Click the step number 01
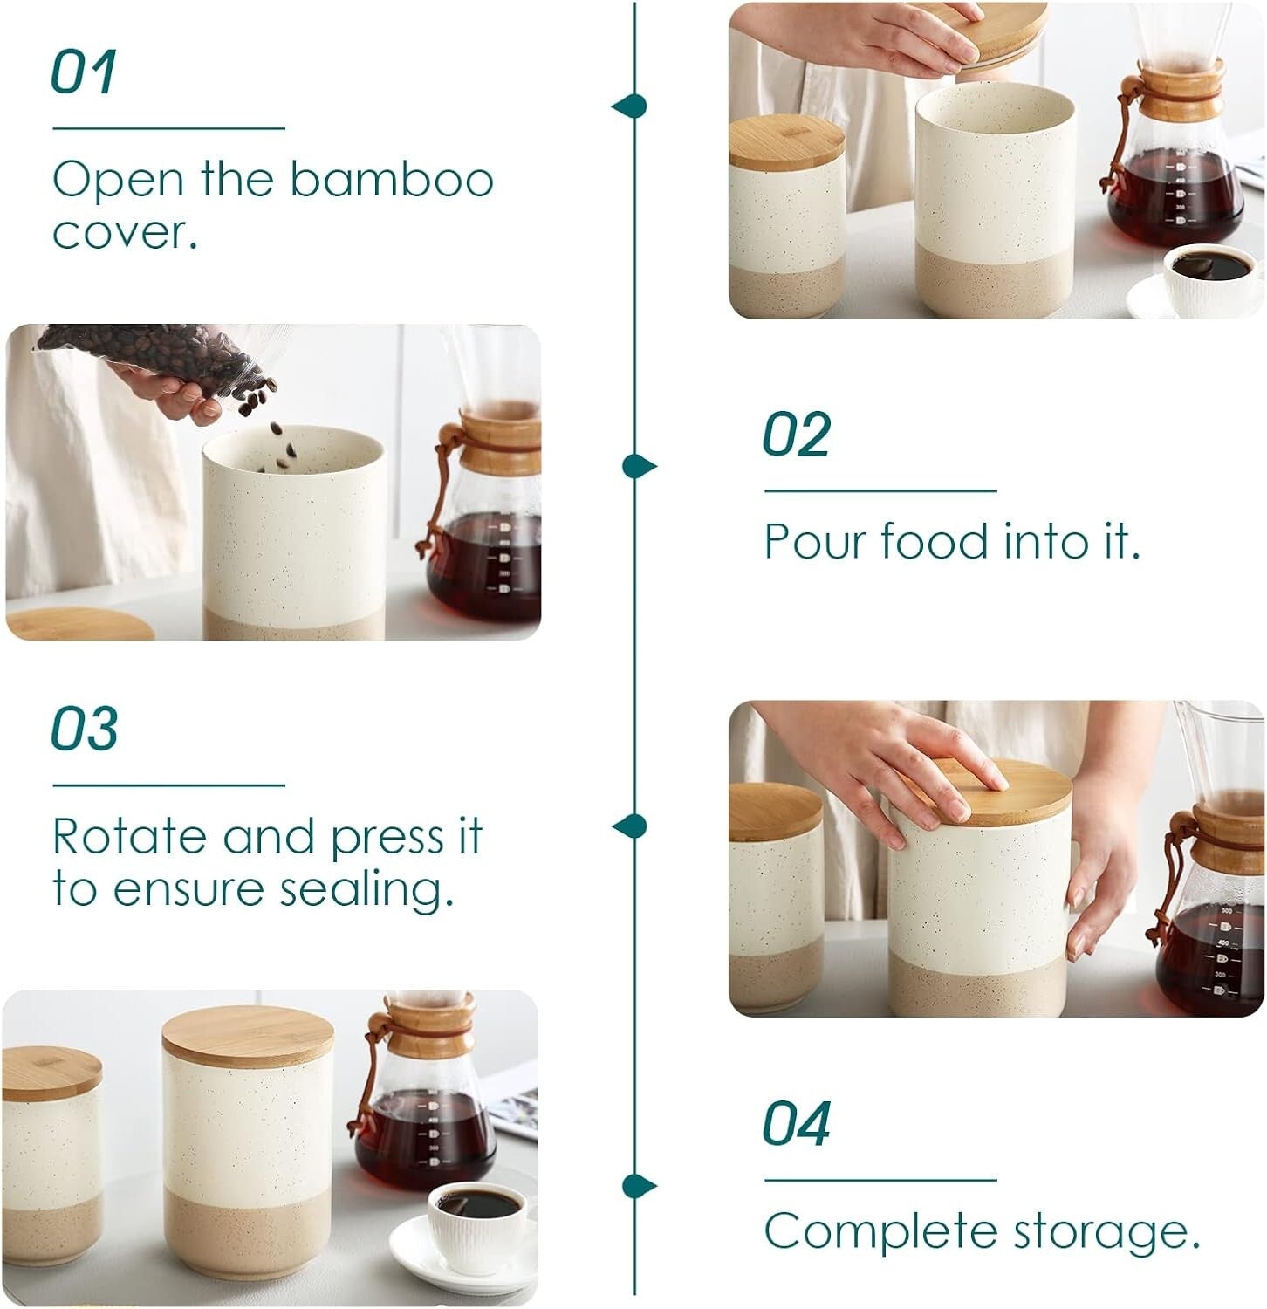tap(83, 72)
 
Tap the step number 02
tap(796, 435)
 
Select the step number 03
tap(85, 729)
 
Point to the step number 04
tap(796, 1124)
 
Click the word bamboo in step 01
tap(392, 180)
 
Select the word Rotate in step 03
tap(130, 837)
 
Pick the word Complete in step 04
tap(881, 1232)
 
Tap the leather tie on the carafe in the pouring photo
tap(441, 489)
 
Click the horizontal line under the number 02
tap(880, 491)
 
